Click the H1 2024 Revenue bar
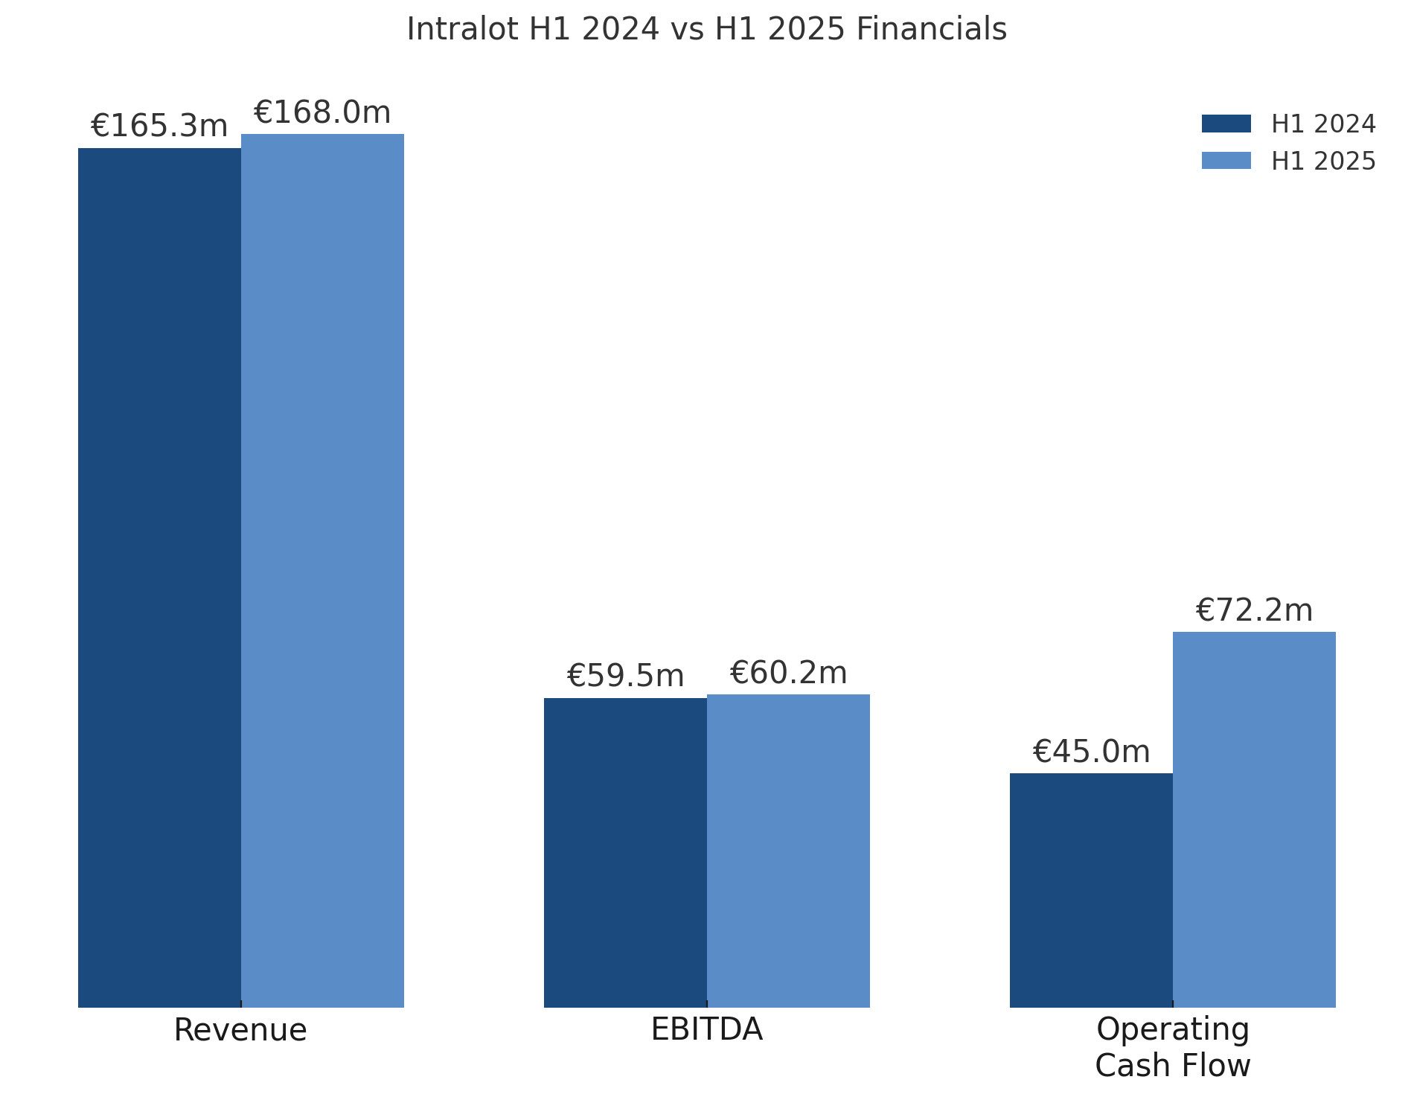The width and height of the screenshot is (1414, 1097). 159,578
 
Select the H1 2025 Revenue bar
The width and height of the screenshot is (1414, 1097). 322,570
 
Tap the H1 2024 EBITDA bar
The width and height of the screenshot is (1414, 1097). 625,852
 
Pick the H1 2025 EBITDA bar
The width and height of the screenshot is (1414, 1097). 788,851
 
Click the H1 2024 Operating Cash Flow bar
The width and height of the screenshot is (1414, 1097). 1091,890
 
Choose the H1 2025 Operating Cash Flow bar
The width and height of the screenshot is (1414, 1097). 1254,819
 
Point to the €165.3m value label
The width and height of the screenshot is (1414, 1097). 159,126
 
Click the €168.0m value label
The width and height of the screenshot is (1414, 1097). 322,112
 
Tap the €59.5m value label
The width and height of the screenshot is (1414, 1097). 625,676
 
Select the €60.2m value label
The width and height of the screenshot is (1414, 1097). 788,673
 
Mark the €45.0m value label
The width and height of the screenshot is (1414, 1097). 1091,752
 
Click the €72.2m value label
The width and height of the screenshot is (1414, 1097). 1254,610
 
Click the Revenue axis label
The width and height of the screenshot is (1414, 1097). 240,1030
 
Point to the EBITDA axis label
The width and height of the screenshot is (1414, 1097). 706,1029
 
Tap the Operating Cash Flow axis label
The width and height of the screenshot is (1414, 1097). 1172,1047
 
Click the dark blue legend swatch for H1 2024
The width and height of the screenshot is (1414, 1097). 1226,124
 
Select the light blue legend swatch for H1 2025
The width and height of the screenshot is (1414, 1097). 1226,161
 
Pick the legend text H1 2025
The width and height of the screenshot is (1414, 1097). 1323,161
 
